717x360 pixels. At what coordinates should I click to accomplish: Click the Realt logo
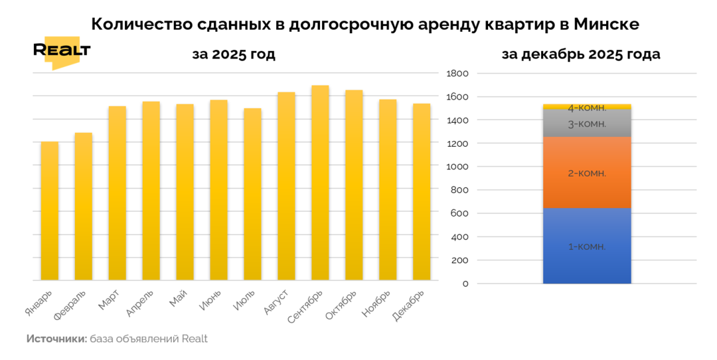pyautogui.click(x=61, y=52)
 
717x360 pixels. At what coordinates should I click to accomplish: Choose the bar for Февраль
pyautogui.click(x=84, y=207)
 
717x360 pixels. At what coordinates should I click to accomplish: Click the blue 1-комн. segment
pyautogui.click(x=587, y=246)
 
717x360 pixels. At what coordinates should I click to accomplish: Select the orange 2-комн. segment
pyautogui.click(x=587, y=173)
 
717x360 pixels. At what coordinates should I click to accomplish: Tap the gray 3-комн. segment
pyautogui.click(x=587, y=123)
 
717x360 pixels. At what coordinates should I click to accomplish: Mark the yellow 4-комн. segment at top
pyautogui.click(x=587, y=106)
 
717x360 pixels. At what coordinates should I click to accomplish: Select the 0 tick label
pyautogui.click(x=465, y=284)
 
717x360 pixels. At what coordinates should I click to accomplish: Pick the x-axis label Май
pyautogui.click(x=178, y=300)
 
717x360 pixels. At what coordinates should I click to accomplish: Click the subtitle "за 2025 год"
pyautogui.click(x=234, y=54)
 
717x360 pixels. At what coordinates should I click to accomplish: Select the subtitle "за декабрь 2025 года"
pyautogui.click(x=582, y=54)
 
